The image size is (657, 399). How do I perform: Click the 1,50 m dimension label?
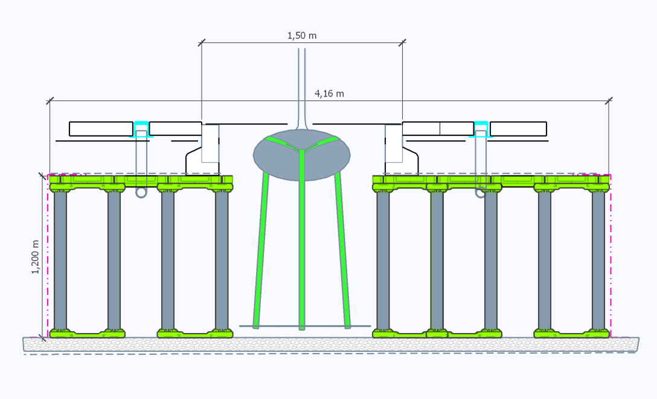click(x=302, y=36)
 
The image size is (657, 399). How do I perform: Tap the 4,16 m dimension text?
click(x=329, y=93)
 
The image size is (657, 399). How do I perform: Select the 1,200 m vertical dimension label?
click(x=35, y=256)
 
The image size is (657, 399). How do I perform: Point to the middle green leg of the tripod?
click(x=302, y=242)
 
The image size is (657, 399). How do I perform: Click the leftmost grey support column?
click(x=60, y=260)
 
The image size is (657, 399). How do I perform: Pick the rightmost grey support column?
click(x=598, y=260)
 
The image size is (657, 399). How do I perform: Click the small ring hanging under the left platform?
click(x=141, y=192)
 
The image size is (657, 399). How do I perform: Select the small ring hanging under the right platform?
click(x=481, y=192)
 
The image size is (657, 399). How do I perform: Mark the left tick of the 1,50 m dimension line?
click(x=202, y=42)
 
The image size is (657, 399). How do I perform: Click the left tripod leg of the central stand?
click(x=261, y=248)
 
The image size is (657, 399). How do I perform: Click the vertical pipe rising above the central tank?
click(x=302, y=85)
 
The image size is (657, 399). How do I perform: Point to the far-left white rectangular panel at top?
click(x=101, y=128)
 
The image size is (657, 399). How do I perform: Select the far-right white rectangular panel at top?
click(x=518, y=128)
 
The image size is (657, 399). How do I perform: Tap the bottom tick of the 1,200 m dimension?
click(x=43, y=337)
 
